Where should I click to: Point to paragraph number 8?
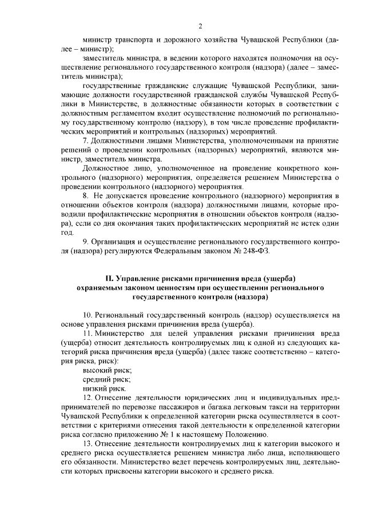[86, 196]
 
